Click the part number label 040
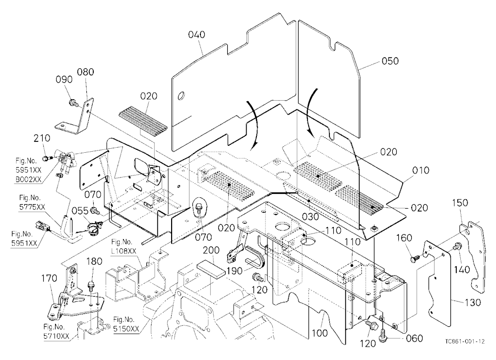pyautogui.click(x=196, y=35)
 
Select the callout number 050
pyautogui.click(x=390, y=60)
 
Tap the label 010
pyautogui.click(x=421, y=171)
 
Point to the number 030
pyautogui.click(x=310, y=217)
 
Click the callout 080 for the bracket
pyautogui.click(x=85, y=72)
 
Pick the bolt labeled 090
pyautogui.click(x=72, y=102)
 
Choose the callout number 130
pyautogui.click(x=473, y=303)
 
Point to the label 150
pyautogui.click(x=460, y=203)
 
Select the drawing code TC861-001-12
pyautogui.click(x=465, y=341)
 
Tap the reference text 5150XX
pyautogui.click(x=126, y=329)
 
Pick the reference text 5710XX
pyautogui.click(x=57, y=336)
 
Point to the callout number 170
pyautogui.click(x=49, y=278)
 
